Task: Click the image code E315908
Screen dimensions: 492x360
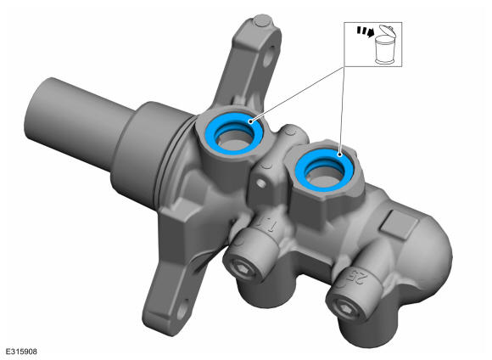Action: click(x=21, y=352)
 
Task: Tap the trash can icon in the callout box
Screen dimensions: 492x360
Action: click(x=385, y=45)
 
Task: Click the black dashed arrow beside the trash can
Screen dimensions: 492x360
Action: click(x=366, y=31)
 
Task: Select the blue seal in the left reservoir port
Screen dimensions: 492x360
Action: click(x=232, y=133)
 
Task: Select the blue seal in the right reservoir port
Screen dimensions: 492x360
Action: click(x=324, y=170)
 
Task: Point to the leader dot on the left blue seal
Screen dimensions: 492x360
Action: click(x=250, y=121)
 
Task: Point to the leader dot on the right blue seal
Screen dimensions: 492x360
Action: click(x=339, y=155)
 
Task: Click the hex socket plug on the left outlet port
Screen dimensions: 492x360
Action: click(x=242, y=268)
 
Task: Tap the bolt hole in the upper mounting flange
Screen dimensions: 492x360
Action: click(x=268, y=56)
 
